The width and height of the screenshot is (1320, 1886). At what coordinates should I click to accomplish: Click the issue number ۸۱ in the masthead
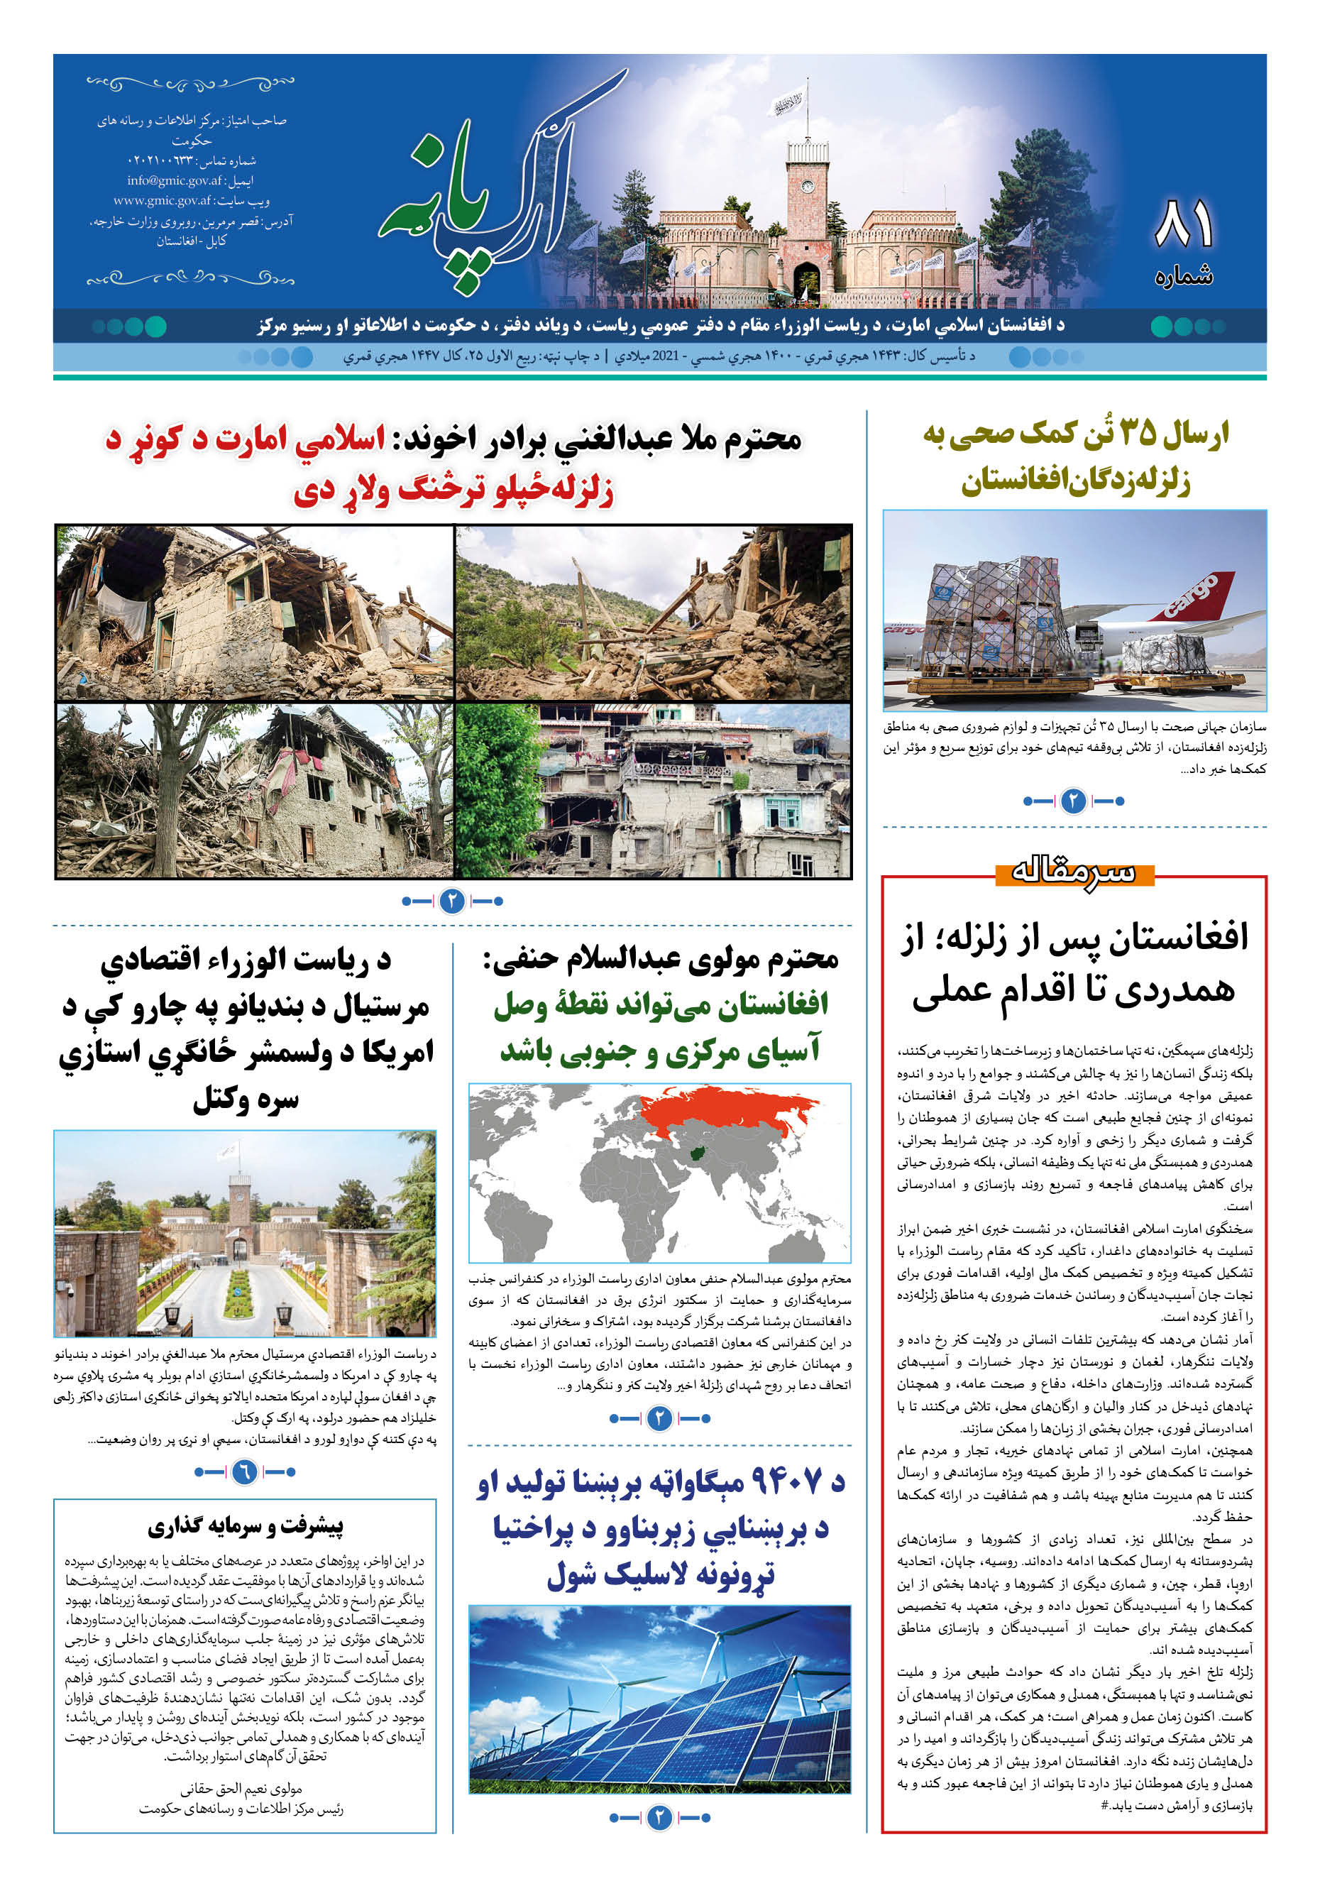click(1183, 224)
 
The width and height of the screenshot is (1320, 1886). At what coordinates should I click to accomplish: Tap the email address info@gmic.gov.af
click(174, 181)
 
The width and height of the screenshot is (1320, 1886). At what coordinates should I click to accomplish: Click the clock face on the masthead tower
click(808, 187)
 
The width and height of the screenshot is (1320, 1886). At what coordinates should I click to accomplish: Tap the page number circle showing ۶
click(244, 1471)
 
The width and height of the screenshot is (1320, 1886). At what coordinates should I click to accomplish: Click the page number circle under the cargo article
click(1074, 801)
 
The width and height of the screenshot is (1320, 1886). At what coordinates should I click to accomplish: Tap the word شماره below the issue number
click(1184, 276)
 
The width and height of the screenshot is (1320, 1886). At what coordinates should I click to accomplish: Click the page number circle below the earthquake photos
click(452, 901)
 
